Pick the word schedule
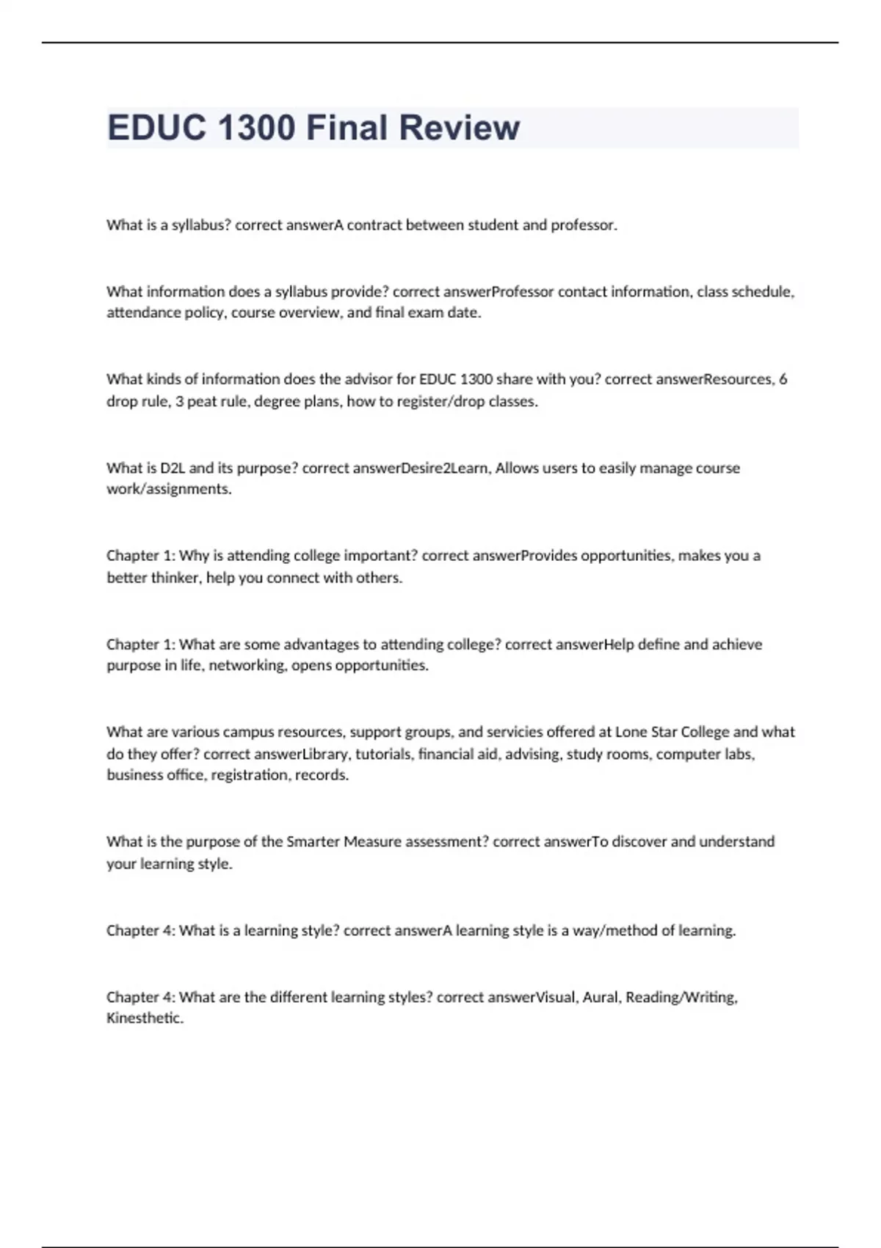(763, 292)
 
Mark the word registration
(250, 775)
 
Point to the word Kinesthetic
(145, 1018)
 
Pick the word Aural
(601, 997)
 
